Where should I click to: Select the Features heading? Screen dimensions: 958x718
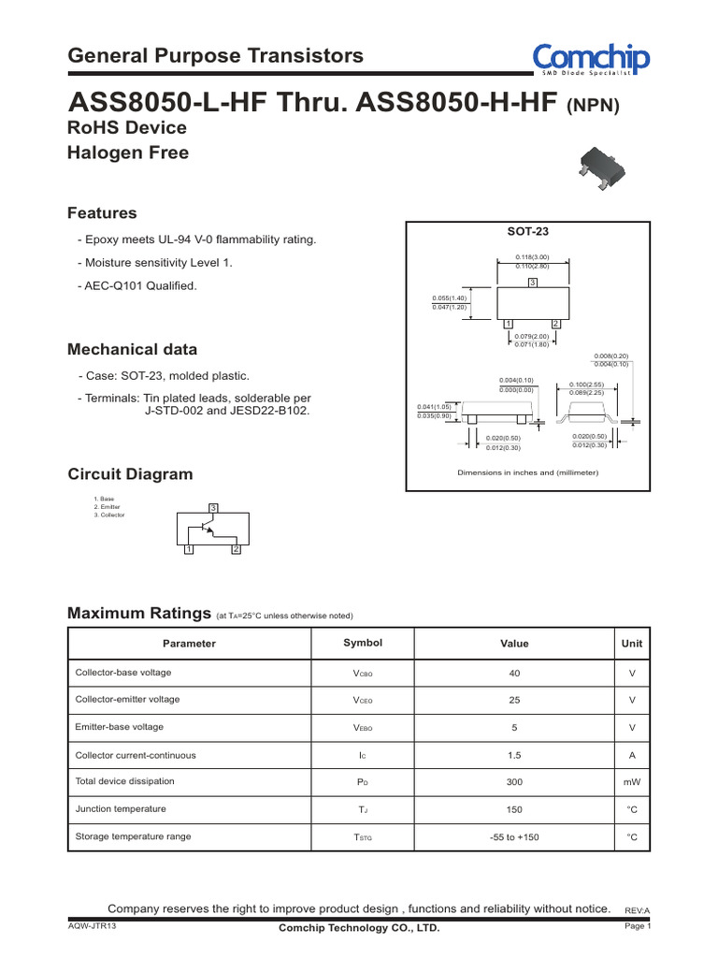[x=102, y=213]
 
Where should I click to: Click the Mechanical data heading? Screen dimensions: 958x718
[x=132, y=350]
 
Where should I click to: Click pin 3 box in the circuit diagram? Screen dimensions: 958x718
[x=213, y=507]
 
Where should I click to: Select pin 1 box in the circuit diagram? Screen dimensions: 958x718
[x=188, y=549]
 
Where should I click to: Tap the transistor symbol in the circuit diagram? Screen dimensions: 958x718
[x=208, y=528]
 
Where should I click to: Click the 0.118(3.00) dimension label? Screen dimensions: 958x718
[x=531, y=256]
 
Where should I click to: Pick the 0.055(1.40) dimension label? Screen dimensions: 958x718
[x=449, y=298]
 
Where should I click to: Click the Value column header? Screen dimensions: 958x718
[x=514, y=644]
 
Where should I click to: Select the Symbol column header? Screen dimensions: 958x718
[x=363, y=643]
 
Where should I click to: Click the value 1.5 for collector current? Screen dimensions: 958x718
[x=514, y=754]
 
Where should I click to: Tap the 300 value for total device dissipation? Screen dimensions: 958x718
[x=514, y=781]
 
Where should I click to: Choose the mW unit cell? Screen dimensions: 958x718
[x=632, y=781]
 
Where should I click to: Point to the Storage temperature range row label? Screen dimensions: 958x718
[x=132, y=836]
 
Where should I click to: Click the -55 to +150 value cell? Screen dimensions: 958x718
[x=514, y=836]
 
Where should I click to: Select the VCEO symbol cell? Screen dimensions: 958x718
[x=363, y=700]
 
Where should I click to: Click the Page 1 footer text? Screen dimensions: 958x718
[x=637, y=926]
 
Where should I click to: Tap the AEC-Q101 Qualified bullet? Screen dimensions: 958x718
[x=138, y=286]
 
